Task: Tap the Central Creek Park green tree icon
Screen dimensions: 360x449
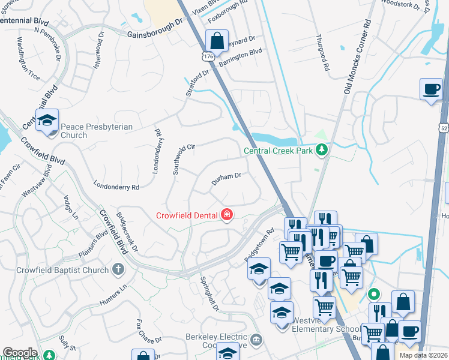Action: click(322, 150)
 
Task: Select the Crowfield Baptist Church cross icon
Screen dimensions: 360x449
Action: click(118, 270)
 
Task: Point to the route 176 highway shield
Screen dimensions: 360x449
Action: click(208, 56)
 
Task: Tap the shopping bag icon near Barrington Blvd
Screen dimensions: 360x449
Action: click(217, 42)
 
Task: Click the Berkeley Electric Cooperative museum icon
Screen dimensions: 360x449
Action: click(257, 340)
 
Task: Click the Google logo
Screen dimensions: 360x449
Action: click(20, 353)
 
